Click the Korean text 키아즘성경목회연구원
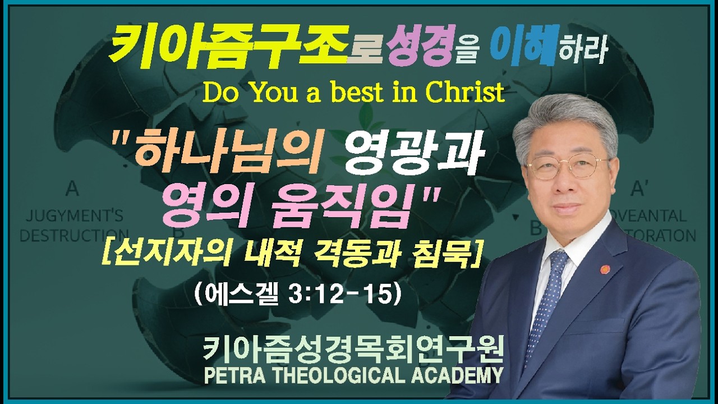click(x=353, y=350)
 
